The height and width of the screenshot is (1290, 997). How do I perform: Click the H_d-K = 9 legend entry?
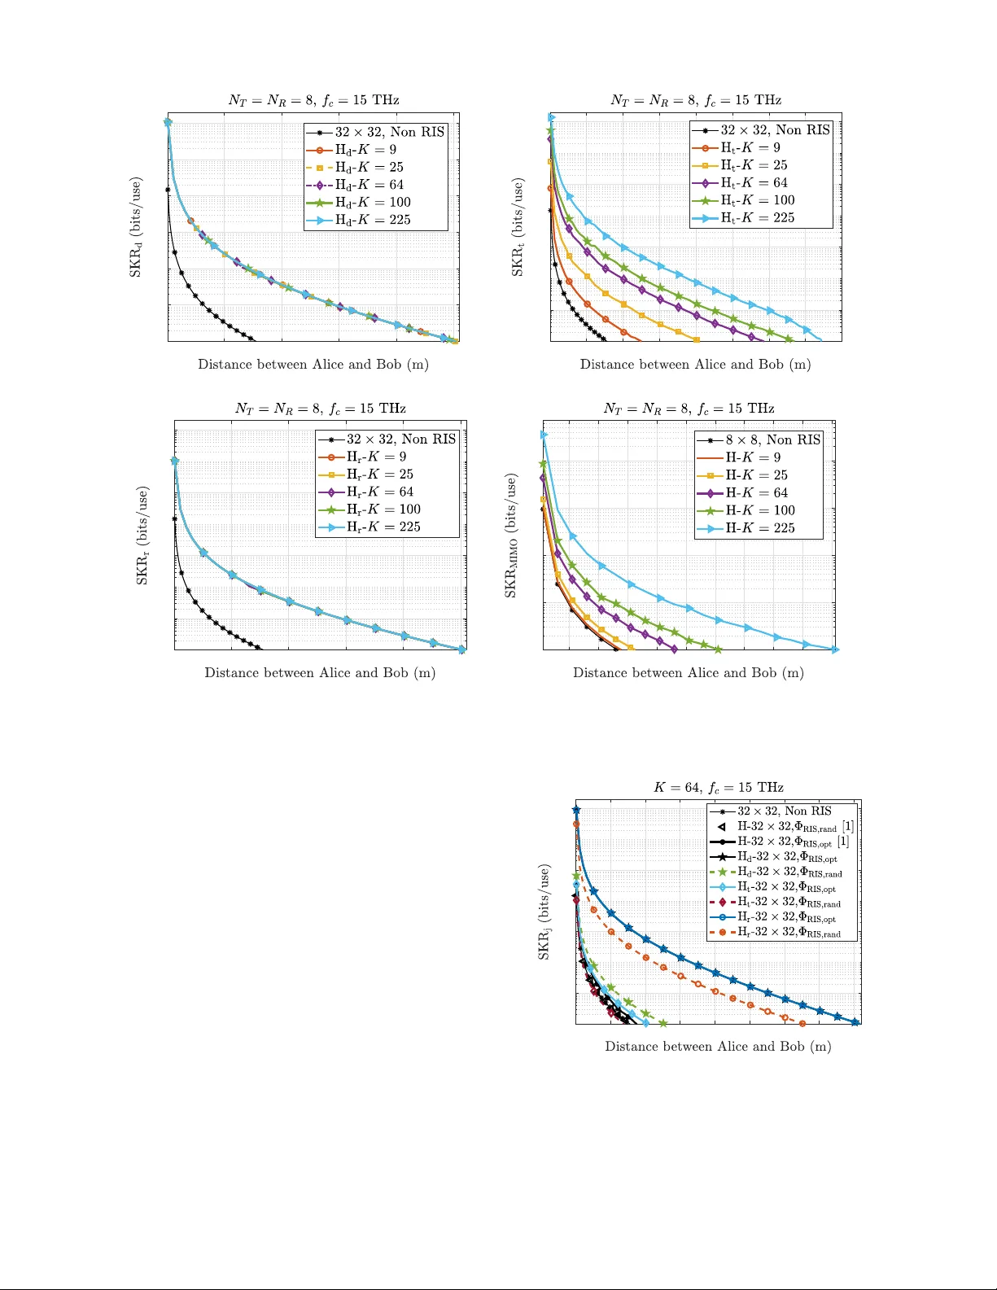click(x=365, y=150)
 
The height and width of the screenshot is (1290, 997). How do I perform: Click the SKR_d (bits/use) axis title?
click(x=136, y=227)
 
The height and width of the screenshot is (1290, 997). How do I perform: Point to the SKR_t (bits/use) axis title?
click(x=518, y=228)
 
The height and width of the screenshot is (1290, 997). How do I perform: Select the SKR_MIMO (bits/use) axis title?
click(x=511, y=536)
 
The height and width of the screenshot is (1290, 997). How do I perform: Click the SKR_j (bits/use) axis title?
click(x=544, y=912)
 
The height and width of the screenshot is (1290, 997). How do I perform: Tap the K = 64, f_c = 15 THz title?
click(x=719, y=788)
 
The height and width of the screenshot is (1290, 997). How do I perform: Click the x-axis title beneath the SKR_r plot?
click(x=320, y=673)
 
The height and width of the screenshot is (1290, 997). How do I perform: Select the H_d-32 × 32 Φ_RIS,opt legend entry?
click(x=786, y=857)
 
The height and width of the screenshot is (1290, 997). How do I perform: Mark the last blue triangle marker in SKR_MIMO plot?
click(x=835, y=649)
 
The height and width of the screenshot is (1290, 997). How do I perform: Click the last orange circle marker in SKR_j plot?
click(x=802, y=1024)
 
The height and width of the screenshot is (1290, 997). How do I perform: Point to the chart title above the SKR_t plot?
click(x=696, y=100)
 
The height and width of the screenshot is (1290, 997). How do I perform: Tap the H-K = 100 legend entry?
click(x=760, y=510)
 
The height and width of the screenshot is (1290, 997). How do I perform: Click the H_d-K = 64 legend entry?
click(x=369, y=185)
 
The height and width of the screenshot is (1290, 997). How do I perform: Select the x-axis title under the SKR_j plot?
click(x=718, y=1047)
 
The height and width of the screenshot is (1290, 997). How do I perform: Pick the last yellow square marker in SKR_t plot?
click(x=697, y=339)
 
